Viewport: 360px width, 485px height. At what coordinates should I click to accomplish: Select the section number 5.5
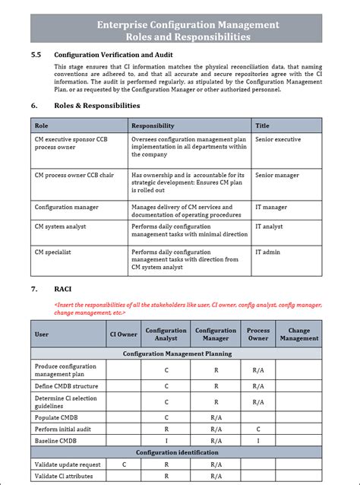(x=36, y=55)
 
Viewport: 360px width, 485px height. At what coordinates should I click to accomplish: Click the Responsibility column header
(x=153, y=125)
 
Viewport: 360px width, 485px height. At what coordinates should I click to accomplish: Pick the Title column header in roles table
(x=262, y=125)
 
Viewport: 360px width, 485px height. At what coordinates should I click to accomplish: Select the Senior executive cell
(x=277, y=140)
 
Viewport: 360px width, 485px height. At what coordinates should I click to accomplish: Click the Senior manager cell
(x=276, y=175)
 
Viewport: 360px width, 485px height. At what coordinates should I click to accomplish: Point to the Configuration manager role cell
(x=67, y=206)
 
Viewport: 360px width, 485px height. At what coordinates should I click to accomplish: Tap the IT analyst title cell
(x=269, y=227)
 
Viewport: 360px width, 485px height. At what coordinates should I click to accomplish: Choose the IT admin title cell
(x=267, y=251)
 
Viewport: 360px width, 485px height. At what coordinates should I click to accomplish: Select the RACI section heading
(x=62, y=289)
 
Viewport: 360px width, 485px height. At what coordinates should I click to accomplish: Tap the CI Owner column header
(x=124, y=334)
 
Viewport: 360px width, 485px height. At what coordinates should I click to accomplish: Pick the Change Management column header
(x=298, y=334)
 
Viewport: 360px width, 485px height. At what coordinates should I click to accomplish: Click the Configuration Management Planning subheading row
(x=176, y=353)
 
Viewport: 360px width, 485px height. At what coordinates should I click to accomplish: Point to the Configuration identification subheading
(x=176, y=452)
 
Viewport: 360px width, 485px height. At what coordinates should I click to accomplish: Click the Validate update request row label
(x=68, y=464)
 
